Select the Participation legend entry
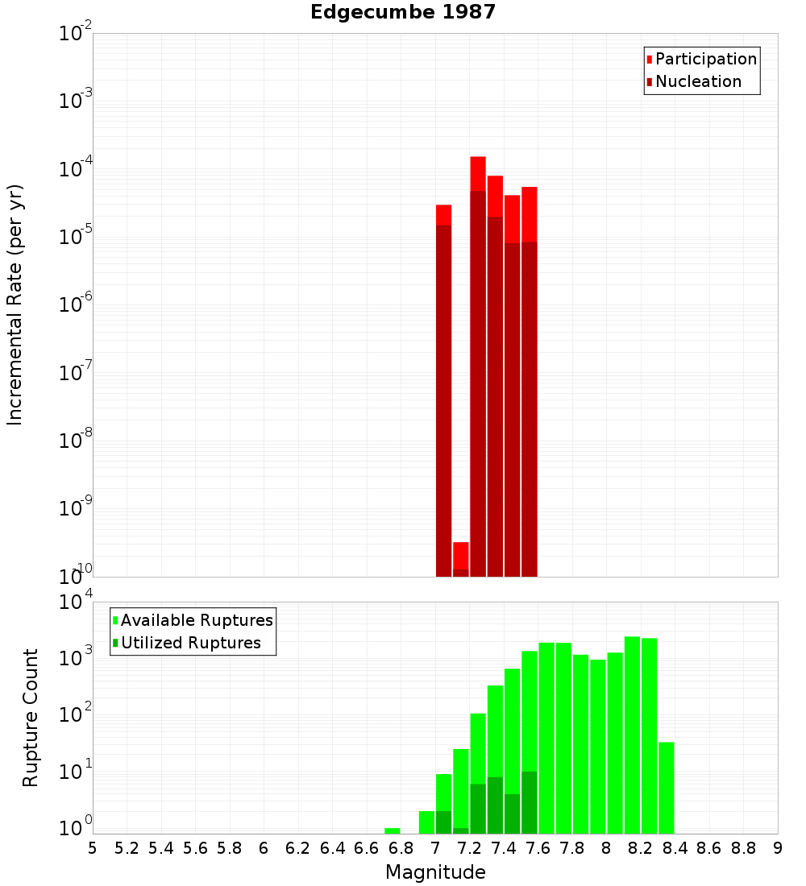[705, 59]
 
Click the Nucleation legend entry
[697, 81]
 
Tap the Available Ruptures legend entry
[196, 620]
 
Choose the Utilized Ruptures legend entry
[190, 643]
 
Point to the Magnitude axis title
[435, 872]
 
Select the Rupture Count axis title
[31, 717]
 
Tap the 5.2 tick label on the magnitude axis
[127, 848]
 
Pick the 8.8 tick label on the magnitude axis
[743, 848]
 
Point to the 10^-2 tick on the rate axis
[75, 34]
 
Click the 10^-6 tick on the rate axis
[75, 305]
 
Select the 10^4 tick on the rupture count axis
[75, 602]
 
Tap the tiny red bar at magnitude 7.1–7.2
[461, 555]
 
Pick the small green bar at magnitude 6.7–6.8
[393, 830]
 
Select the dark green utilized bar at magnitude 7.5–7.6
[530, 802]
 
